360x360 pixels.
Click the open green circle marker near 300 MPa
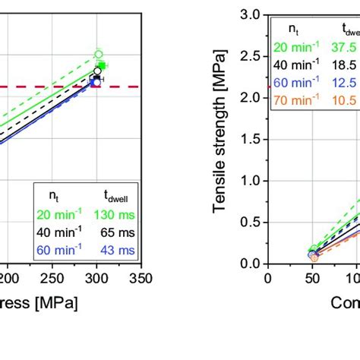pyautogui.click(x=98, y=54)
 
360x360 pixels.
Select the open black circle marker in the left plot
pyautogui.click(x=97, y=72)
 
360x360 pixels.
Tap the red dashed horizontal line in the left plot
pyautogui.click(x=46, y=87)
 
